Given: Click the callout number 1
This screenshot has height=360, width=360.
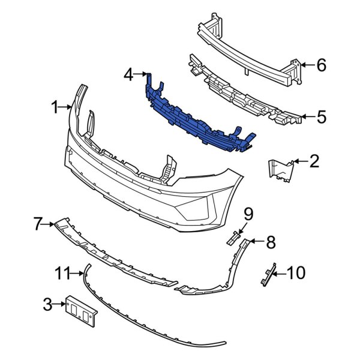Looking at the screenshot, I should click(x=54, y=108).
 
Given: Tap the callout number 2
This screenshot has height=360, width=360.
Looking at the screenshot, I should click(x=314, y=161).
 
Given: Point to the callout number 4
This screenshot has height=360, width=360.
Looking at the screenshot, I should click(x=127, y=75).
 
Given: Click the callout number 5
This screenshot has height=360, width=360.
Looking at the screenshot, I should click(x=322, y=117).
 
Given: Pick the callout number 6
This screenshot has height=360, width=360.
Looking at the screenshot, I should click(x=322, y=65).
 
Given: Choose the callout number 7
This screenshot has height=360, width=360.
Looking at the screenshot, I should click(x=38, y=225).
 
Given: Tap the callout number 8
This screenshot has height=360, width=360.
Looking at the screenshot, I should click(x=271, y=243).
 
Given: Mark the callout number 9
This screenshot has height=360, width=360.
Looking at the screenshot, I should click(x=248, y=213).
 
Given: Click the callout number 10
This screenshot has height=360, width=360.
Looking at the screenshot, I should click(x=296, y=274).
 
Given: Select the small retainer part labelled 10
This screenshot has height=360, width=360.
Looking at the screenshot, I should click(x=267, y=274).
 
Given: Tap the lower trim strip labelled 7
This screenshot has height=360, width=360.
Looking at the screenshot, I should click(x=114, y=252).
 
